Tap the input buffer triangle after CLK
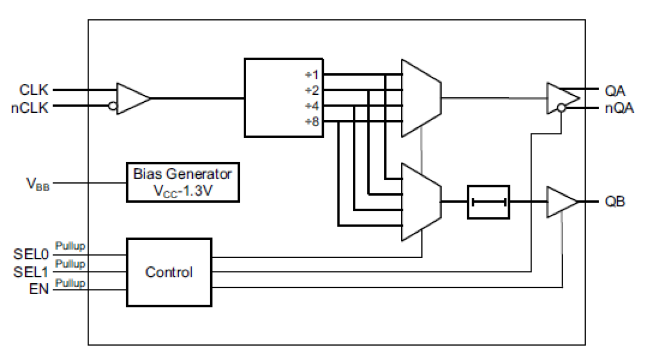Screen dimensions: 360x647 132,98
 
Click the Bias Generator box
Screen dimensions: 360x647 183,182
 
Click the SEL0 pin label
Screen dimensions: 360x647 30,254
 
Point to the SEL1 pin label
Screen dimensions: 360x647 30,272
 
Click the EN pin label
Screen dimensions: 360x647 39,289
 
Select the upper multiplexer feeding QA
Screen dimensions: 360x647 420,97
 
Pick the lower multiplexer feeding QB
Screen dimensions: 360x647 420,202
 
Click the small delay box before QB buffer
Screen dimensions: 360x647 488,202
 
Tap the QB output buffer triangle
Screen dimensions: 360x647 560,202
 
